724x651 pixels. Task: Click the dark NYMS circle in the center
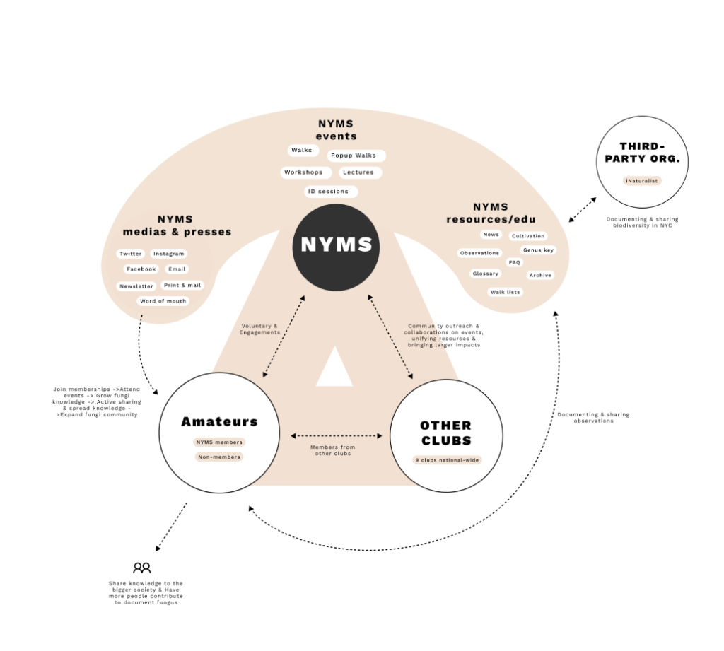[336, 247]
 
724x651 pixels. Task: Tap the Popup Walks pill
[356, 156]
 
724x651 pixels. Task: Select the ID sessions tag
[331, 191]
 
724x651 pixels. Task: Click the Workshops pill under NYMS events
[305, 172]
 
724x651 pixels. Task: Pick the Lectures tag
[360, 172]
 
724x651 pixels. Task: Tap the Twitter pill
[131, 254]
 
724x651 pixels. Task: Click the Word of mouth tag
[163, 301]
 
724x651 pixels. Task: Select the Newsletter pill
[136, 286]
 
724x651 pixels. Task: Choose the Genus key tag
[538, 250]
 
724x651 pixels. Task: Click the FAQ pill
[515, 262]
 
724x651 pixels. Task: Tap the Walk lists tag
[505, 292]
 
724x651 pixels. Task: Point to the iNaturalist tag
[642, 180]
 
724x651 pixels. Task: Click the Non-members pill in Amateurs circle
[219, 457]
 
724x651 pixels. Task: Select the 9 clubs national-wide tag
[447, 460]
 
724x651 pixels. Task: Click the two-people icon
[141, 568]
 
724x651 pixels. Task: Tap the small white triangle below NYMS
[334, 366]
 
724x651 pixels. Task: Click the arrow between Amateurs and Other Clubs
[336, 435]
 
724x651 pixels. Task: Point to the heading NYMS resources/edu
[491, 213]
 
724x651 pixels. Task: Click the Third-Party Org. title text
[642, 153]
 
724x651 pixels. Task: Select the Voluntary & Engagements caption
[259, 329]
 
